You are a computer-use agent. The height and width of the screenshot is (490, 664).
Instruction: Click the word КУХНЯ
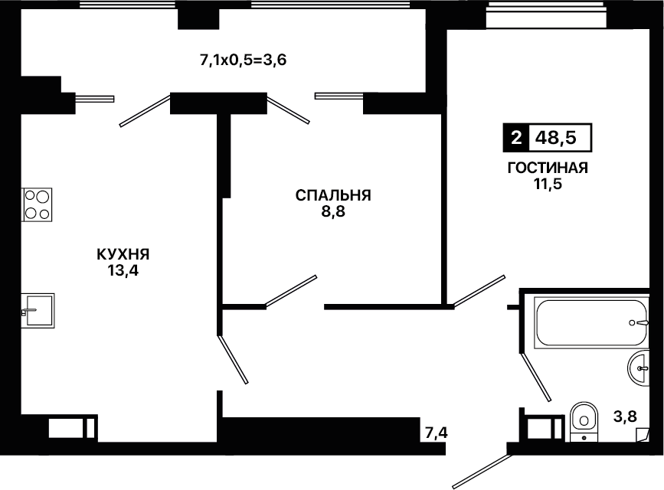point(123,254)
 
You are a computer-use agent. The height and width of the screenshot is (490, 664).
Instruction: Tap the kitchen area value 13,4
point(123,270)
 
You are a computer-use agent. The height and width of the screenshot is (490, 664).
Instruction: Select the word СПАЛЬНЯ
point(333,195)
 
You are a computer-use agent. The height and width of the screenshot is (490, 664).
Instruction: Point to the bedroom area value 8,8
point(333,211)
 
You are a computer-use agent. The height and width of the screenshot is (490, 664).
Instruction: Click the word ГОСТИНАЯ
point(548,168)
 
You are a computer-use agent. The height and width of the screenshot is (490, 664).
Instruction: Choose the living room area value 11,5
point(548,185)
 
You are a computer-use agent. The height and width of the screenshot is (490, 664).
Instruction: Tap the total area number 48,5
point(555,138)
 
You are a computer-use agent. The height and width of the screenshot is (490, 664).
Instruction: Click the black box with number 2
point(515,138)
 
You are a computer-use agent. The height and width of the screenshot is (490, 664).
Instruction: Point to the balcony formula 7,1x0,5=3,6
point(243,60)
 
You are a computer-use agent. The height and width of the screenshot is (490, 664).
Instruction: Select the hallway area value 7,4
point(437,433)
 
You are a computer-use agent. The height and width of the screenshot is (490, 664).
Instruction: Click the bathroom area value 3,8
point(625,416)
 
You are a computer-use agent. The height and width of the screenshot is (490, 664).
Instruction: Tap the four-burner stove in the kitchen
point(37,204)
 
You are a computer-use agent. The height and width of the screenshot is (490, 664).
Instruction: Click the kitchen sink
point(38,311)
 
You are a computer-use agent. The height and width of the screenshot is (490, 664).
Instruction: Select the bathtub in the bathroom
point(591,323)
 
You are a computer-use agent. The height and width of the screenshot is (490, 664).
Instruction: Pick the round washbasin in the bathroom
point(639,369)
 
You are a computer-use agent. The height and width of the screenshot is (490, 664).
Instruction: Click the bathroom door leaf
point(535,377)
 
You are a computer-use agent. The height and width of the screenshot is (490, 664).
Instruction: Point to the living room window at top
point(546,15)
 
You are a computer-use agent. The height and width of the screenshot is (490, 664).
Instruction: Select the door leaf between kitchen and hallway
point(233,360)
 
